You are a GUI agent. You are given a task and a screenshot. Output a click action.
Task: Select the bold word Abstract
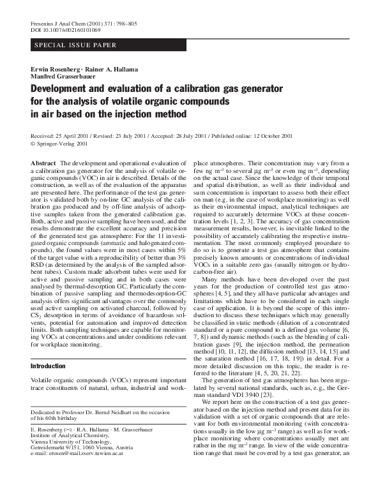43,164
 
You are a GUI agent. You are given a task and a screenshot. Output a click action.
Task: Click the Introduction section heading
49,384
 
